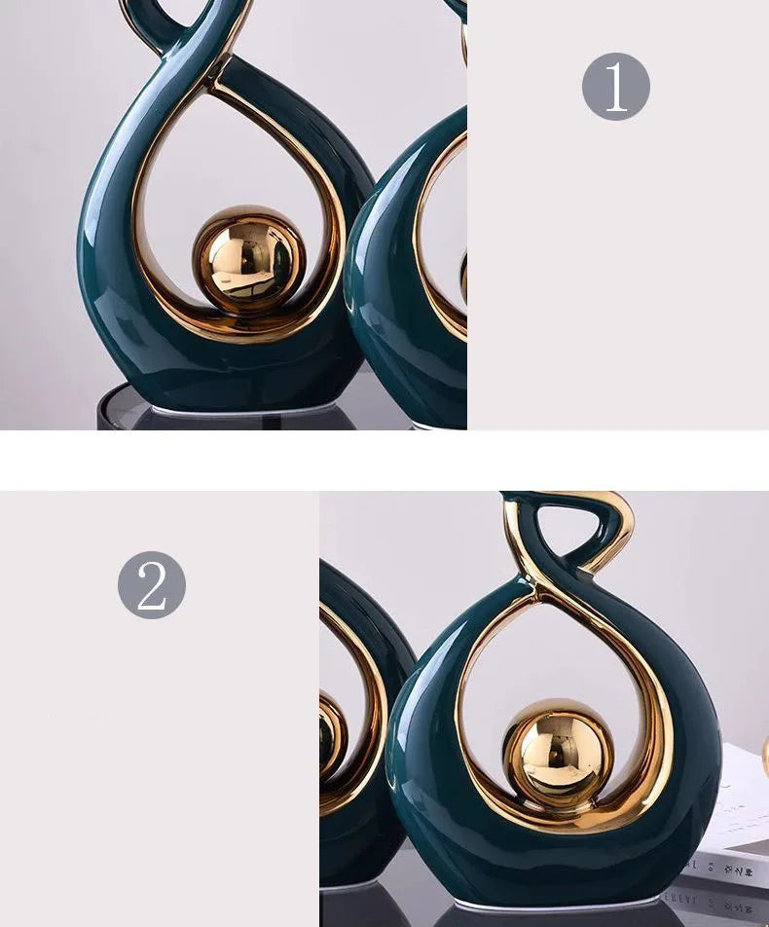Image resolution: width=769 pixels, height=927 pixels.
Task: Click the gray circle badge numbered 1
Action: [x=616, y=87]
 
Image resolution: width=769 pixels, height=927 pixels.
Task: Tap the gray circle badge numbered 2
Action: [x=152, y=584]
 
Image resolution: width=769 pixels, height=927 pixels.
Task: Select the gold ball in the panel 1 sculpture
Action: [x=249, y=259]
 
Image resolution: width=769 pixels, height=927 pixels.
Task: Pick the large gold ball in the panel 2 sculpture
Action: [x=559, y=755]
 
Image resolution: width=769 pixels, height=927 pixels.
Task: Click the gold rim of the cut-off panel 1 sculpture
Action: [x=433, y=243]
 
